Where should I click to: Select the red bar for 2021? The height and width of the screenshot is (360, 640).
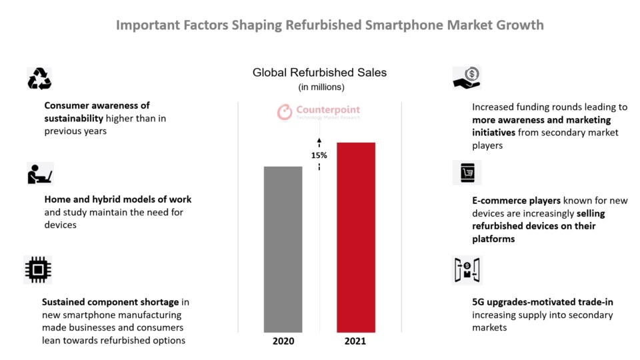click(355, 237)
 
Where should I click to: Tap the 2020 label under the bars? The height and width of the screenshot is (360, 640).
click(283, 341)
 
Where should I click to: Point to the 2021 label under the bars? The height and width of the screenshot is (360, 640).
click(355, 341)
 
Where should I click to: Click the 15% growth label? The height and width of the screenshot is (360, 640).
click(319, 155)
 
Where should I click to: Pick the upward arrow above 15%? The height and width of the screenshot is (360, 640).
click(319, 141)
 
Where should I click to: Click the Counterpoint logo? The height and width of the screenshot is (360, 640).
click(319, 112)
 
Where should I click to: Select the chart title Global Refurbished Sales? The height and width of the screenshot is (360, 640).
click(319, 73)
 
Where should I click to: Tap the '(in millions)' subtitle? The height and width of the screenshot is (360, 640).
click(320, 87)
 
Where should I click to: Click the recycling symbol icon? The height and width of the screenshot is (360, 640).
click(39, 79)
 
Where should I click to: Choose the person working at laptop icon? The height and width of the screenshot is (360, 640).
click(39, 173)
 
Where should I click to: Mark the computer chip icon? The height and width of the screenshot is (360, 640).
click(37, 269)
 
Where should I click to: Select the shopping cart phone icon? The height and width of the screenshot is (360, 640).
click(467, 173)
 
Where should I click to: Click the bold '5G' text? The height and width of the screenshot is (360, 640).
click(479, 303)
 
